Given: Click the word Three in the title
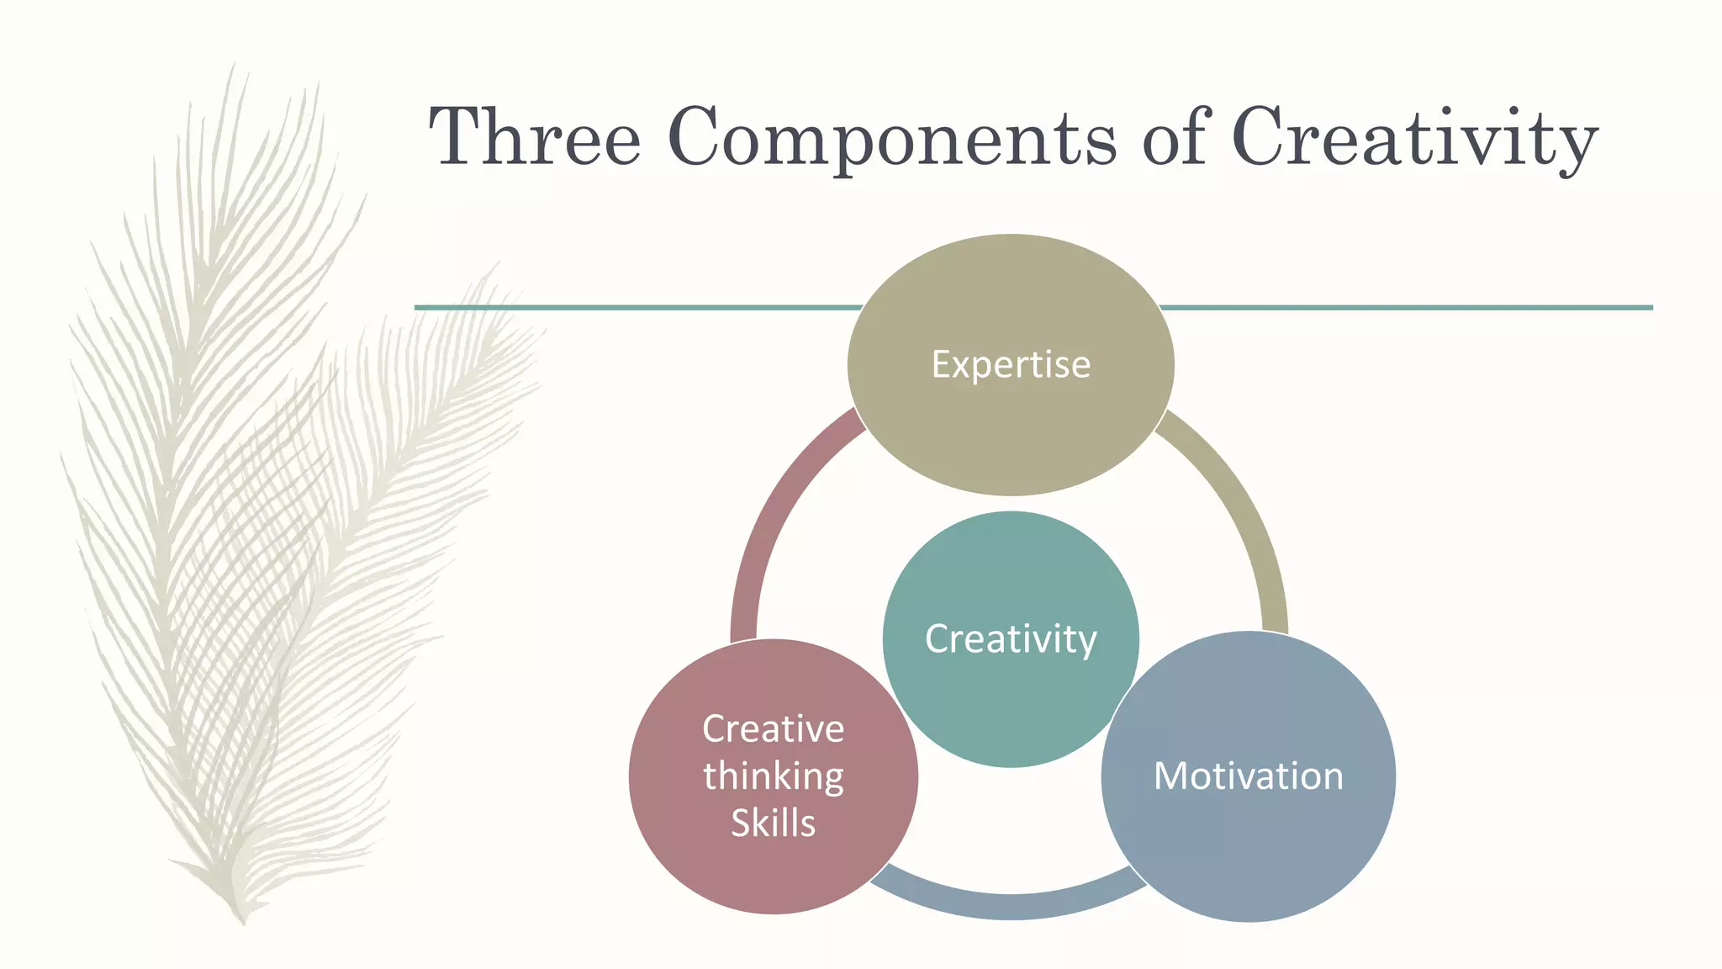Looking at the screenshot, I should click(536, 137).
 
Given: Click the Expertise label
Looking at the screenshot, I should click(1011, 364).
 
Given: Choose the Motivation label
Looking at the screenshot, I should click(1249, 776).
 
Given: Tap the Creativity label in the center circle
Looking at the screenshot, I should click(1011, 638).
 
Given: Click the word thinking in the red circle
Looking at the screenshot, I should click(774, 776).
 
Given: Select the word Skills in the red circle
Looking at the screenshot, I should click(774, 823).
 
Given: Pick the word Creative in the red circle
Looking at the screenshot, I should click(774, 728).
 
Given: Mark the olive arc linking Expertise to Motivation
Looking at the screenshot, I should click(1244, 513).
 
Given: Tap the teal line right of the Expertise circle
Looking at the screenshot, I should click(1404, 308).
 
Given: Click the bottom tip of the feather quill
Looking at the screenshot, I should click(243, 920).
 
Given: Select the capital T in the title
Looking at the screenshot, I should click(458, 136).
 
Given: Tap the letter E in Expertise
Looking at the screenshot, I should click(941, 364).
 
